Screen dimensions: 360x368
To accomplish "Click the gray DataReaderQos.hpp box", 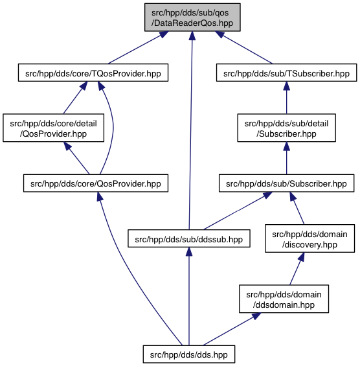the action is (x=192, y=17).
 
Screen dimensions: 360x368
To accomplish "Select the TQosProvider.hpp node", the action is (x=93, y=73).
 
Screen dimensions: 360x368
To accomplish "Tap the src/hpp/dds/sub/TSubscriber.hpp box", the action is (x=286, y=73).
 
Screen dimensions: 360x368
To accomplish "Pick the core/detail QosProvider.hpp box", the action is (x=54, y=128).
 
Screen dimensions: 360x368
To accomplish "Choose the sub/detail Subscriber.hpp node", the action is (x=286, y=128).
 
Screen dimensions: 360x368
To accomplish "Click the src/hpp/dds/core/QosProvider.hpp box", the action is (x=96, y=183).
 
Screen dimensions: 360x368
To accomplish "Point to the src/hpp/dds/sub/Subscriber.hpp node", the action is (x=286, y=183).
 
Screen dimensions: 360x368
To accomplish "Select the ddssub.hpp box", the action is (x=189, y=238).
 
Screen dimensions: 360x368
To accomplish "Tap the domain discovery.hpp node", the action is (x=309, y=238).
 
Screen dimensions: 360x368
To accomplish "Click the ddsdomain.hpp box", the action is (x=284, y=299).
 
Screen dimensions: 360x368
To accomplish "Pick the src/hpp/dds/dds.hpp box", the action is (x=189, y=354).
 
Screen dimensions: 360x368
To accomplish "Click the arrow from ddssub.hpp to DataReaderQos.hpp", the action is (x=190, y=130).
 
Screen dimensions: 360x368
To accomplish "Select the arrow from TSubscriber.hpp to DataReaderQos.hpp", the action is (x=244, y=47).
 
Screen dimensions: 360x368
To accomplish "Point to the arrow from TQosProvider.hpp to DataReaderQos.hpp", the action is (x=138, y=47).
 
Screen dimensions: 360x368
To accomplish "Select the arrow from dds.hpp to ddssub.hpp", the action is (x=189, y=296).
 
